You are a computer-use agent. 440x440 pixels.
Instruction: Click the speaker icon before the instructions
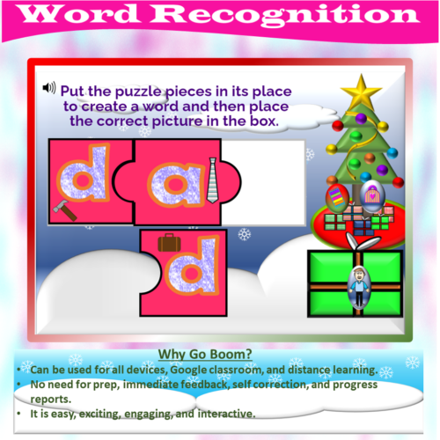(49, 88)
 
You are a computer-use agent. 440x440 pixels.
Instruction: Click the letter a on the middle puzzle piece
(171, 180)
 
